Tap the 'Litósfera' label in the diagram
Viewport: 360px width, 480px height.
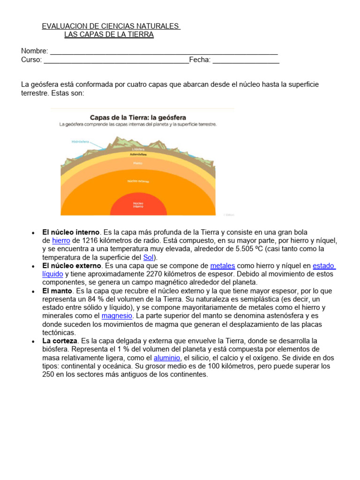138,150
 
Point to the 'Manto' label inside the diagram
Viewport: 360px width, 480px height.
137,163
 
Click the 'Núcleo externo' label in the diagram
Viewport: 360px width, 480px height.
138,181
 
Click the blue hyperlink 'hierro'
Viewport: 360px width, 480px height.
61,240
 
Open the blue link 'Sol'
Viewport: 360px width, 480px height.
148,257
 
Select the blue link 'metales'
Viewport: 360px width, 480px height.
223,266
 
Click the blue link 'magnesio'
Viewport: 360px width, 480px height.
117,316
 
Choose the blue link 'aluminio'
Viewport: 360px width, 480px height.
167,358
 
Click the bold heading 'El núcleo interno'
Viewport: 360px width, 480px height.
71,232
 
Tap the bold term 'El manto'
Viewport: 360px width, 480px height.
57,291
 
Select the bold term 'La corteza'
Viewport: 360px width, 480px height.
60,341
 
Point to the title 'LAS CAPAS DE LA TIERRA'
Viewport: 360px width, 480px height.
109,35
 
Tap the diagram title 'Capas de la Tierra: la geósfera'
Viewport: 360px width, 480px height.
138,117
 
